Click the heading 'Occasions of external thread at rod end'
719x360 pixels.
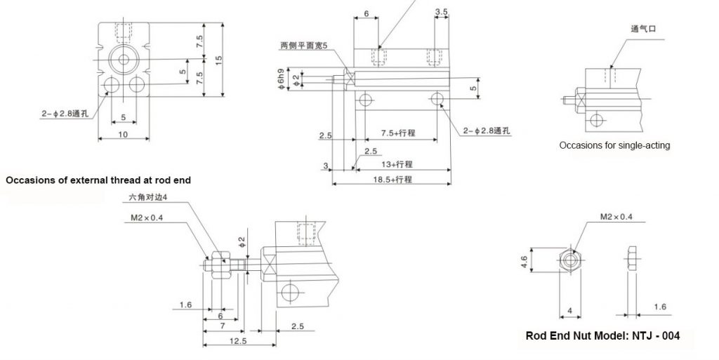click(x=98, y=180)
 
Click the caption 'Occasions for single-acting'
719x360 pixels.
click(x=614, y=146)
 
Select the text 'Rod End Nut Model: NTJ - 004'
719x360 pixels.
click(x=602, y=335)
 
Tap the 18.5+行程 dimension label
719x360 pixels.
click(x=393, y=179)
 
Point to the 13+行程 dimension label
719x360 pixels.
click(x=397, y=164)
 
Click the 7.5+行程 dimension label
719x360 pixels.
click(x=398, y=133)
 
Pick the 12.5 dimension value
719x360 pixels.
click(x=238, y=341)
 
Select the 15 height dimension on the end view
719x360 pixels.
click(x=218, y=60)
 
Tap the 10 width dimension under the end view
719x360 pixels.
click(x=124, y=134)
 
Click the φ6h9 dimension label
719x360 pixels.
click(x=282, y=79)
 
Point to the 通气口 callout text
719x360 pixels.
click(x=643, y=29)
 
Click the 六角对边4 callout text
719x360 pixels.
click(x=145, y=198)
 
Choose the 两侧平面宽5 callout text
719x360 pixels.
click(x=304, y=46)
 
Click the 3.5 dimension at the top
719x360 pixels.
click(x=441, y=12)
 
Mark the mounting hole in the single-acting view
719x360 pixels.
click(x=596, y=120)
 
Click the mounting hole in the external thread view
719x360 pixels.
click(x=289, y=292)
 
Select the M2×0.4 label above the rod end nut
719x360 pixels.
click(x=616, y=217)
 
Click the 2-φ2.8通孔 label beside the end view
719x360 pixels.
click(x=65, y=114)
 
